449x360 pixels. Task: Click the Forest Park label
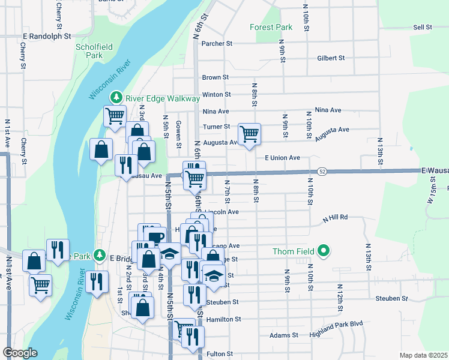(x=271, y=27)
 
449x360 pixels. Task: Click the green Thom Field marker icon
(x=324, y=250)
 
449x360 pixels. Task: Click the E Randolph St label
(x=47, y=35)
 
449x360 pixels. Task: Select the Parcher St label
(x=217, y=43)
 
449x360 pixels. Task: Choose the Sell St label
(x=423, y=27)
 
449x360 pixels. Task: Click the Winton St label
(x=217, y=94)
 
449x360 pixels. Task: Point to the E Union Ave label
(x=282, y=158)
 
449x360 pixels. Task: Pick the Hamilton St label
(x=223, y=320)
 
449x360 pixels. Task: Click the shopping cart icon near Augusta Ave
(x=249, y=134)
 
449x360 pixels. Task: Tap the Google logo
(x=20, y=353)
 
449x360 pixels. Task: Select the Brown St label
(x=215, y=77)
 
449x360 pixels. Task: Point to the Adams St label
(x=280, y=335)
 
